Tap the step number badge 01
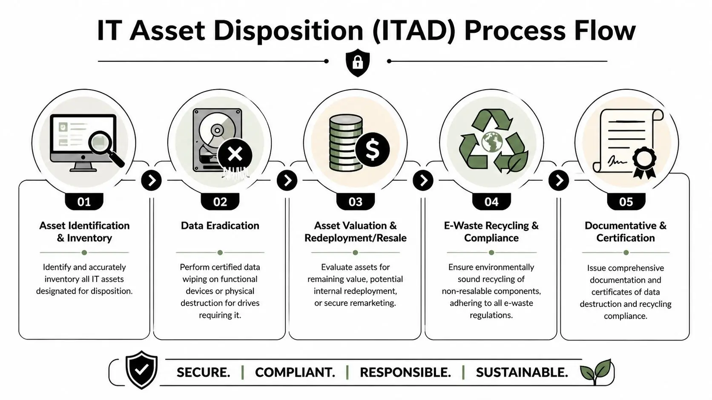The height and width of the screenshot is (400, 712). click(x=84, y=201)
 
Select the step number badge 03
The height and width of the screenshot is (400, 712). click(x=355, y=201)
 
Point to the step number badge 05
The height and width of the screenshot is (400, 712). click(x=626, y=201)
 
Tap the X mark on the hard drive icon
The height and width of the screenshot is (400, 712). click(x=235, y=154)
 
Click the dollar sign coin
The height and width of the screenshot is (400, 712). click(x=372, y=149)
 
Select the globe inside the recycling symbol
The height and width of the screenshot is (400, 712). click(x=492, y=142)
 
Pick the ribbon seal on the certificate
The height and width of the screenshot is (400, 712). click(x=644, y=162)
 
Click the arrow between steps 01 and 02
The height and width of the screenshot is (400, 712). click(x=152, y=180)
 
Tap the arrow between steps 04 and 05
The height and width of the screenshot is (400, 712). click(x=559, y=180)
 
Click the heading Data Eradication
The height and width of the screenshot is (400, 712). click(x=220, y=226)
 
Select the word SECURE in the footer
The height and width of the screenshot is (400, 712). click(x=203, y=372)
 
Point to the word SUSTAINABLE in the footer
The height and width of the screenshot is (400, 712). click(x=522, y=372)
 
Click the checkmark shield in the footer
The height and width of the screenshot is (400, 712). click(x=142, y=369)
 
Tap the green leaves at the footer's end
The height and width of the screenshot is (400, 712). click(x=597, y=370)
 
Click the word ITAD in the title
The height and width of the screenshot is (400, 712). click(x=413, y=31)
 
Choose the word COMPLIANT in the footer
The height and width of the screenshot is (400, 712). click(x=295, y=372)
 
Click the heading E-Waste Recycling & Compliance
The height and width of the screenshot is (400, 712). click(x=491, y=232)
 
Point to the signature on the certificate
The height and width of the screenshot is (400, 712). click(x=617, y=161)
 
